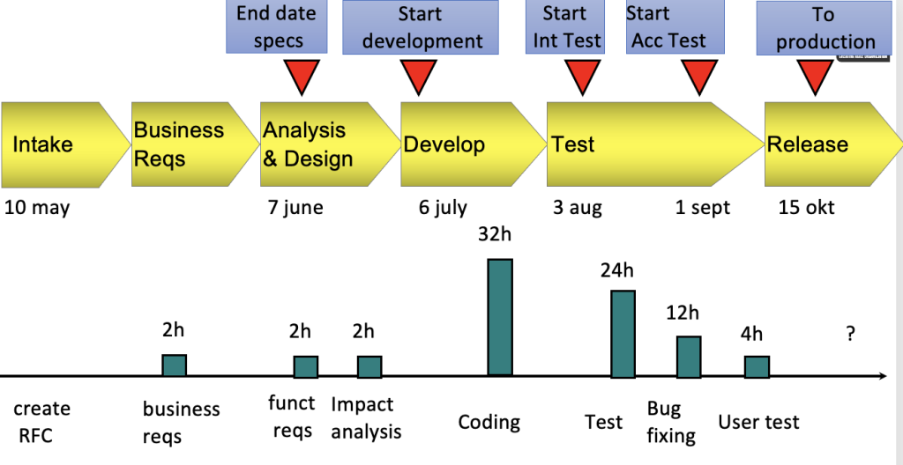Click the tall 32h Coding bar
coord(500,317)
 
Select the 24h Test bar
coord(623,334)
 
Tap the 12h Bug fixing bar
coord(689,357)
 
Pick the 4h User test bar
coord(757,366)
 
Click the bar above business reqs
coord(174,365)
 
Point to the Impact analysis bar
coord(369,366)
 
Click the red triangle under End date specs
coord(302,76)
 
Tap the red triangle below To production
coord(815,76)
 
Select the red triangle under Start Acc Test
coord(699,76)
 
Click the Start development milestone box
coord(421,27)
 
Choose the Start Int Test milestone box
coord(565,27)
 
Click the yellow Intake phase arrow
coord(65,144)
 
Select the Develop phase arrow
coord(474,144)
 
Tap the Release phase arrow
coord(833,144)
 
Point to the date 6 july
coord(443,208)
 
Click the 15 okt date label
coord(806,207)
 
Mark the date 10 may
coord(37,208)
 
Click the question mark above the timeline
coord(850,334)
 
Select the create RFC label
coord(41,422)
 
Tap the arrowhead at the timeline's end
coord(883,376)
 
